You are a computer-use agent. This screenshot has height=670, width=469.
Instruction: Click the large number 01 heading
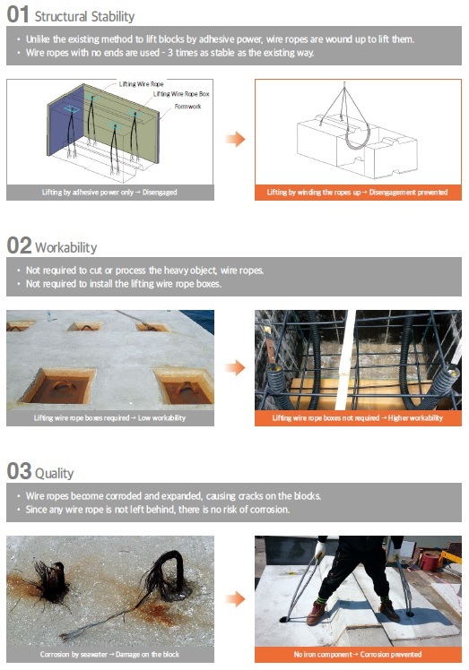pos(18,14)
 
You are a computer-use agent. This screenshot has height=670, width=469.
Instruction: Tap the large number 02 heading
pos(19,245)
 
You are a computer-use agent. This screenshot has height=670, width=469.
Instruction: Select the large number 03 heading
pos(19,471)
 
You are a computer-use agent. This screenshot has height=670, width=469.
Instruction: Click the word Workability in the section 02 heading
pos(65,248)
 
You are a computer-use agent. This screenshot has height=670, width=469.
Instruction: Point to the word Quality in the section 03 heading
pos(55,474)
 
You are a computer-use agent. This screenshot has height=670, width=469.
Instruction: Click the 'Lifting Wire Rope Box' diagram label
pos(181,94)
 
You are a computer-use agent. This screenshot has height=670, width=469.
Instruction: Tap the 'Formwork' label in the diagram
pos(187,107)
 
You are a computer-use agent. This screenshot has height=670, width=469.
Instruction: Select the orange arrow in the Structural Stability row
pos(235,139)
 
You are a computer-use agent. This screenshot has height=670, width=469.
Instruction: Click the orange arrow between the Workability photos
pos(235,367)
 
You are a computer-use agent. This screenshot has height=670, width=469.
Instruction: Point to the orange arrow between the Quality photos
pos(235,599)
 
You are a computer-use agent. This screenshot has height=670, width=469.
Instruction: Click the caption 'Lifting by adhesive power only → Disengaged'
pos(109,193)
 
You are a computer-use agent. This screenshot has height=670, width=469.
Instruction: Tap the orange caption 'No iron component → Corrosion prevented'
pos(358,654)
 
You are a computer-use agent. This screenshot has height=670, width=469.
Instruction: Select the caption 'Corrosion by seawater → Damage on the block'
pos(109,654)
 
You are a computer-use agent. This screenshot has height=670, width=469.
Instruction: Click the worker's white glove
pos(319,549)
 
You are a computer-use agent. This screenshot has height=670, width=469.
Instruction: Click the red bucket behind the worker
pos(430,562)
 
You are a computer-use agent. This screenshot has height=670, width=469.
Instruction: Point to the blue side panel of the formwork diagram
pos(65,120)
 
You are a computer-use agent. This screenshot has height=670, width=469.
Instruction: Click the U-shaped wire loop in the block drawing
pos(358,136)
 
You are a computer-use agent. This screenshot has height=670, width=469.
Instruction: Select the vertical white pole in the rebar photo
pos(345,360)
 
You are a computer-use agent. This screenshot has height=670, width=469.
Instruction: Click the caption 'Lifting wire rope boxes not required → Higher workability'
pos(358,418)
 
